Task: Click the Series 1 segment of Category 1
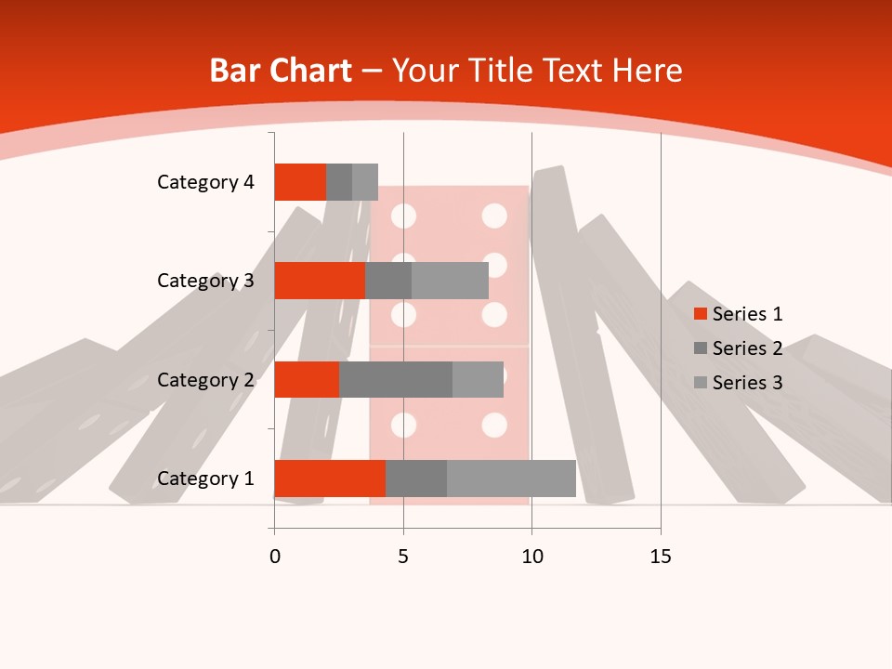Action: (x=330, y=479)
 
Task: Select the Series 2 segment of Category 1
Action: (x=416, y=479)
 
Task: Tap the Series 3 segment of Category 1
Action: (x=511, y=479)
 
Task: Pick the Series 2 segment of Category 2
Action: (x=396, y=379)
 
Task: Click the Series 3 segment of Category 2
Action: (x=478, y=379)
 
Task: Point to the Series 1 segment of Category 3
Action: (x=320, y=281)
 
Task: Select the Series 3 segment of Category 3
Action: (x=450, y=281)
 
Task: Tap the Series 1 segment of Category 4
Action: (x=300, y=182)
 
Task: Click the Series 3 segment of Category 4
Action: (x=365, y=182)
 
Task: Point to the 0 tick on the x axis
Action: (x=274, y=557)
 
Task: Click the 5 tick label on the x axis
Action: (x=403, y=557)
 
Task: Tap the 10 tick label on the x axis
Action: (x=531, y=557)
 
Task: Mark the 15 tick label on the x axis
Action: (x=661, y=557)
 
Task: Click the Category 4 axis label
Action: (x=205, y=182)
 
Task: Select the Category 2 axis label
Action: (x=205, y=379)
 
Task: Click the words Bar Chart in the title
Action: (x=281, y=71)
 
